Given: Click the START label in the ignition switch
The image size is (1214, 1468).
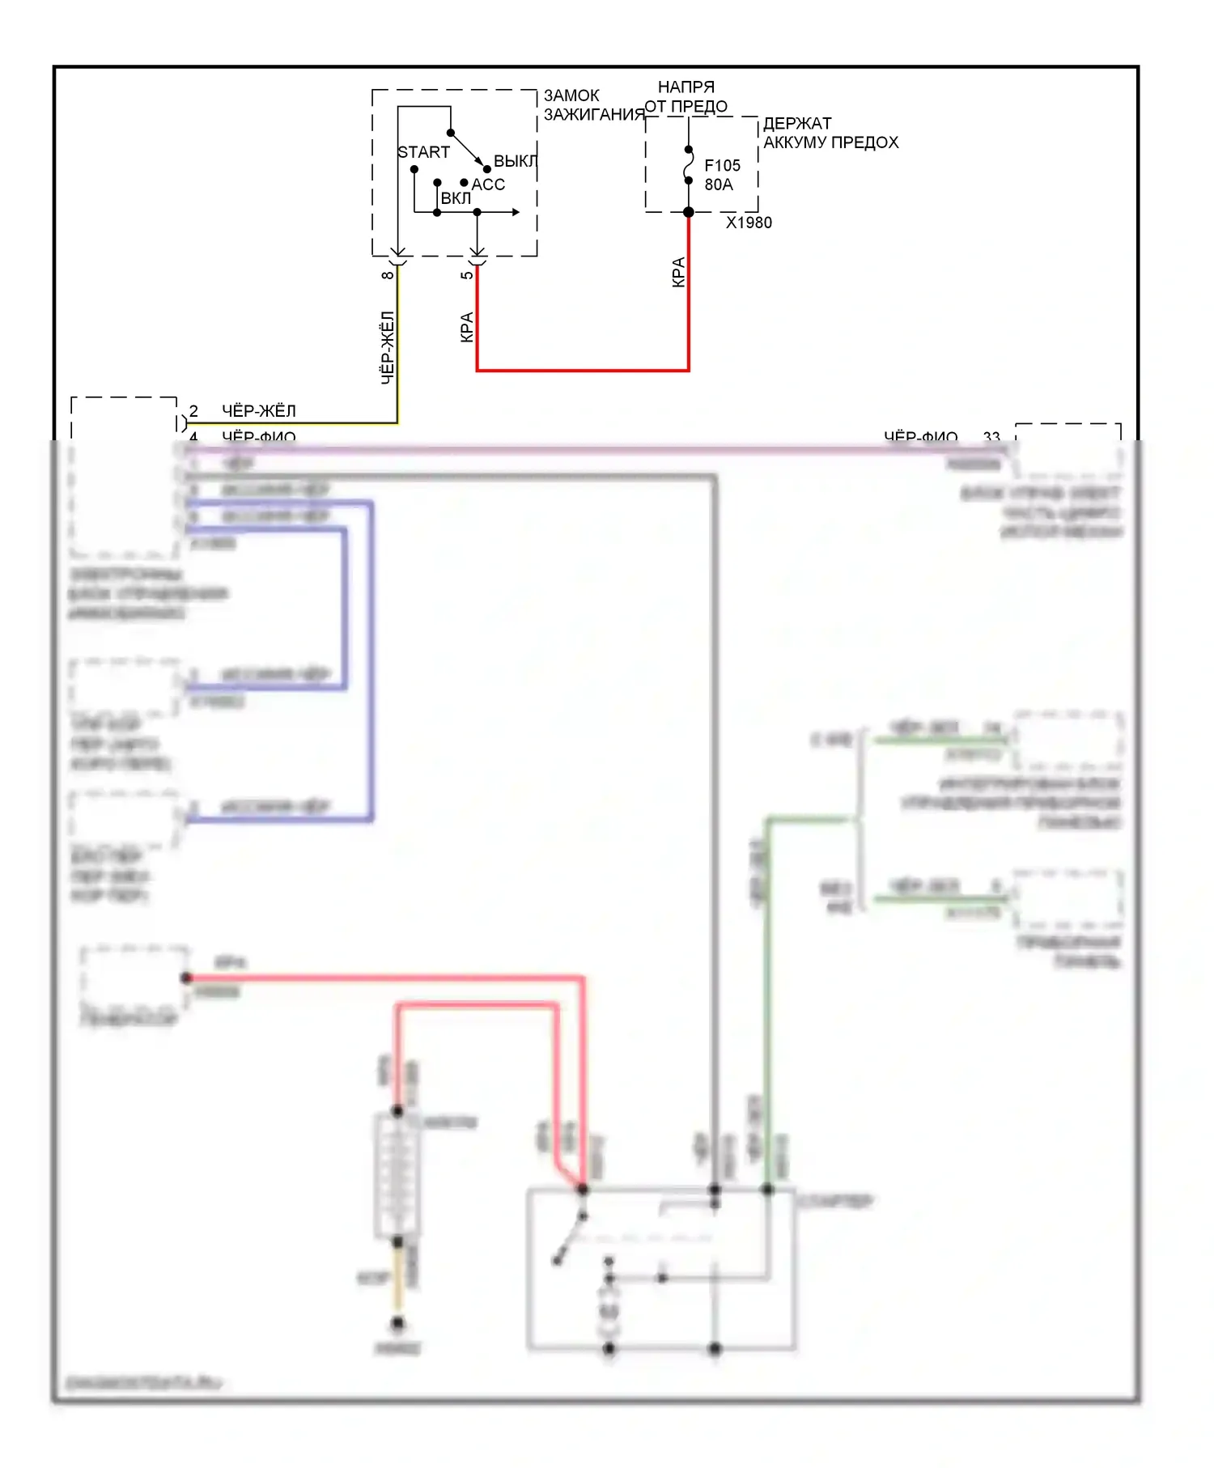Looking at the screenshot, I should click(423, 152).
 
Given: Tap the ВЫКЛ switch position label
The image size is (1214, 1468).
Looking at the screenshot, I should click(515, 161).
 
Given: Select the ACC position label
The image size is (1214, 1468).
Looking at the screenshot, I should click(488, 185).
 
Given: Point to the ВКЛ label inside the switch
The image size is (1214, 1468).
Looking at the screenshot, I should click(456, 198).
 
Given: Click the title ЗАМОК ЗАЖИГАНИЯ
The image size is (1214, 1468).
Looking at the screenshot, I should click(592, 105).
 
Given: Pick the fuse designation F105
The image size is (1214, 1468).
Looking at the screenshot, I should click(722, 165).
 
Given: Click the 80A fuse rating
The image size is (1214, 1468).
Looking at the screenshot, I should click(719, 185).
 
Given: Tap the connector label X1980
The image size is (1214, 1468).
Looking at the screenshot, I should click(749, 223).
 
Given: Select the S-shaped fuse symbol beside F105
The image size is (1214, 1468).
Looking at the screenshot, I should click(689, 166).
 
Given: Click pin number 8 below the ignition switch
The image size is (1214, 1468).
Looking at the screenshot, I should click(388, 275).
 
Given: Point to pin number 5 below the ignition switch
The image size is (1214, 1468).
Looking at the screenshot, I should click(467, 275).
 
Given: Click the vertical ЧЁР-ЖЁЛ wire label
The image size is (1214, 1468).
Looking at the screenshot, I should click(388, 348).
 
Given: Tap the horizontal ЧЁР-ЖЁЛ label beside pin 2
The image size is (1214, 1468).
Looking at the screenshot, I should click(259, 411).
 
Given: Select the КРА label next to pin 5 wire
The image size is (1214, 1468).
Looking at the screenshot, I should click(467, 327).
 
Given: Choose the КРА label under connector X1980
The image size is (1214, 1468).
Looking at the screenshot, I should click(678, 272).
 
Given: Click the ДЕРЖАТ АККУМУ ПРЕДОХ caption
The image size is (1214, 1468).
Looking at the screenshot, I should click(830, 133).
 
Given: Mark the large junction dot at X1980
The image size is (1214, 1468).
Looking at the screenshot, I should click(689, 213).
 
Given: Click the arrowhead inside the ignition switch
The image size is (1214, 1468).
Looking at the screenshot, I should click(516, 212).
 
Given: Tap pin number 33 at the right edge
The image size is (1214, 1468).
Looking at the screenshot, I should click(991, 437).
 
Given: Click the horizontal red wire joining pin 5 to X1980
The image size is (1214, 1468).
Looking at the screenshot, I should click(583, 371).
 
